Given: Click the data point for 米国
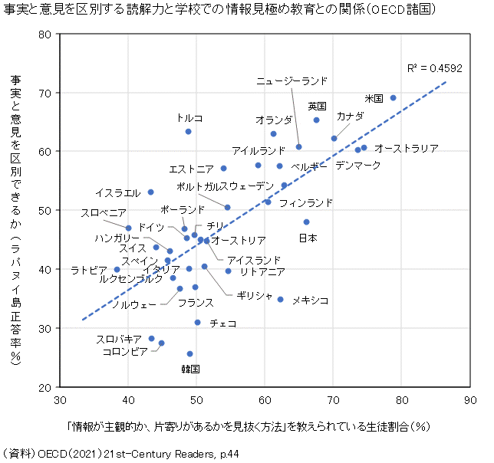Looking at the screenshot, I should click(x=394, y=98).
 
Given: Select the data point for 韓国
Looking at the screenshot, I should click(x=190, y=353).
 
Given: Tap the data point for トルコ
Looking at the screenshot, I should click(x=189, y=132).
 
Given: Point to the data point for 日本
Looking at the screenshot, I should click(x=306, y=222).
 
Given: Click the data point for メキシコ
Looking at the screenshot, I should click(x=280, y=300).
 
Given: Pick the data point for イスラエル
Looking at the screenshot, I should click(x=150, y=192).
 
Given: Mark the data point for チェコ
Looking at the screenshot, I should click(x=197, y=323).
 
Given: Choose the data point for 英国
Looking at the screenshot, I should click(x=317, y=120).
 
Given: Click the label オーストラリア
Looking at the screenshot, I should click(x=406, y=148).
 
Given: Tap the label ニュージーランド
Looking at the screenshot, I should click(x=291, y=80).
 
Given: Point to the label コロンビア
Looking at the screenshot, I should click(x=125, y=352).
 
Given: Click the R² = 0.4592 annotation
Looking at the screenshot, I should click(x=435, y=68).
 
